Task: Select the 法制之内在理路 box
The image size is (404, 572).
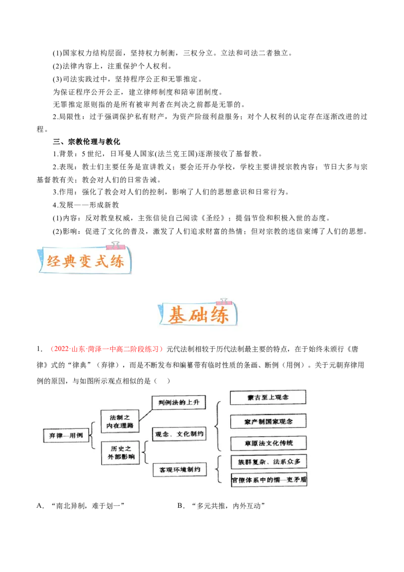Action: (120, 421)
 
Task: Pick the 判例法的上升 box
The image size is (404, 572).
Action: (179, 403)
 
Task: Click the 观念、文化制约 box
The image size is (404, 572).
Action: (179, 434)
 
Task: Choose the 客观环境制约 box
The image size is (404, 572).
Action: (179, 470)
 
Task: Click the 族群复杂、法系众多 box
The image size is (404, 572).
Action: (269, 462)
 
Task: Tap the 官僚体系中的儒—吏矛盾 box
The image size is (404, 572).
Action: (269, 480)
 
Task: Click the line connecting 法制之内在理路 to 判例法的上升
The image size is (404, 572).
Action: (145, 412)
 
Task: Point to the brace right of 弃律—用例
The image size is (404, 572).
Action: (92, 436)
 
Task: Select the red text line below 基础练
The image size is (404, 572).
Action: (107, 349)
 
